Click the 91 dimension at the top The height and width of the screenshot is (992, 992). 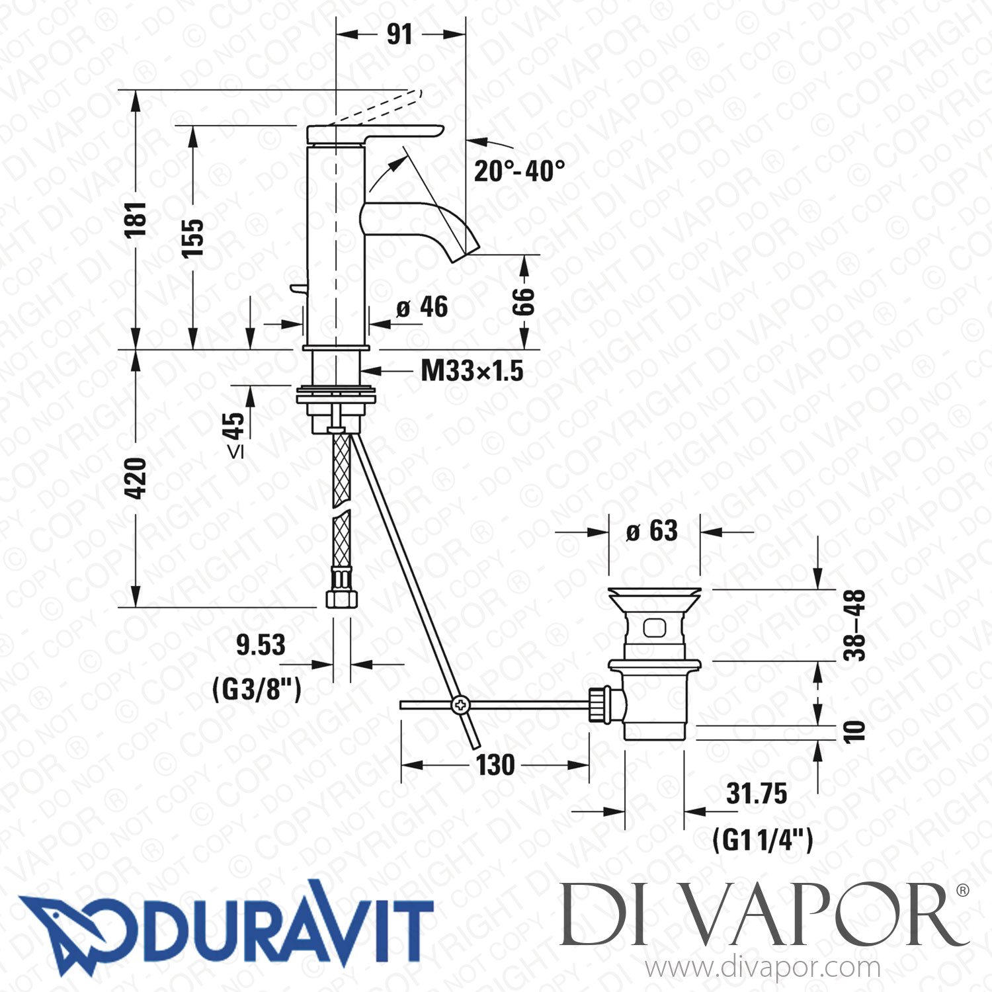coord(399,34)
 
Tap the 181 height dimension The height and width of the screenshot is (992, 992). coord(136,220)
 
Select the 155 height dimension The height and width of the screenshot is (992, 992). coord(192,237)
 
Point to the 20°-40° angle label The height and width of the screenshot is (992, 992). coord(519,171)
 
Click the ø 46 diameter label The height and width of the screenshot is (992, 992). coord(423,308)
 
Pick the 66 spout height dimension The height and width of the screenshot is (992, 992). coord(523,302)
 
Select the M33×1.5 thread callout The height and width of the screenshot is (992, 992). coord(472,371)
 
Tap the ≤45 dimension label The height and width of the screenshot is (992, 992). coord(235,434)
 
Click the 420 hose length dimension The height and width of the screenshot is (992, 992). coord(136,477)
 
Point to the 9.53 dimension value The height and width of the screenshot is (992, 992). coord(261,645)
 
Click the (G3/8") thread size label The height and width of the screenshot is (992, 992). coord(257,689)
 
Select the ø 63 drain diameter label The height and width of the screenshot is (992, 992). coord(652,531)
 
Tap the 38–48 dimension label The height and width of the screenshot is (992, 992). coord(854,625)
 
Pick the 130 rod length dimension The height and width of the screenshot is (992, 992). coord(495,765)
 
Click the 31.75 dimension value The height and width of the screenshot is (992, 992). coord(757,794)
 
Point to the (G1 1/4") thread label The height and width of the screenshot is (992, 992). coord(763,841)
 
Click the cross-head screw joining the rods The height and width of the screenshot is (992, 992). coord(460,705)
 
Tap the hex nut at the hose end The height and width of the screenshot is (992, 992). coord(342,599)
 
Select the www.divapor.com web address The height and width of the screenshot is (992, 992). coord(763,968)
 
